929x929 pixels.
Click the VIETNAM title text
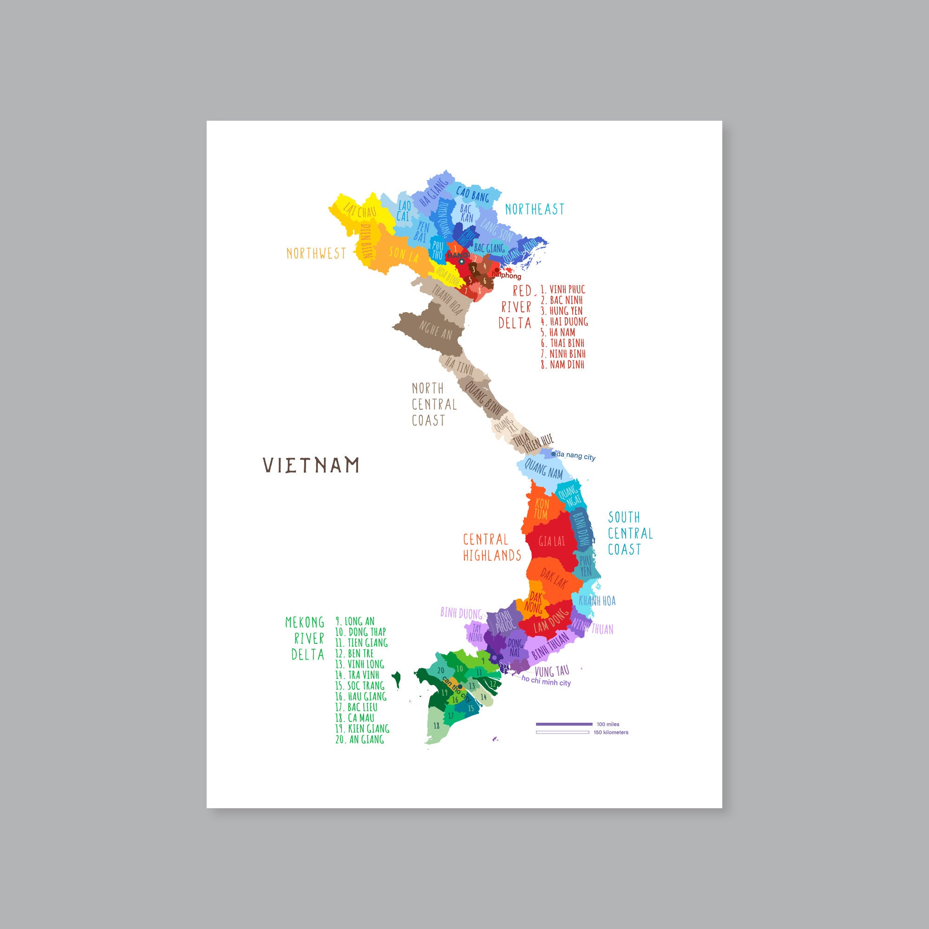(311, 465)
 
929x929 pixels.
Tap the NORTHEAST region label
(534, 209)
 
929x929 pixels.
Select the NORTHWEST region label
(316, 254)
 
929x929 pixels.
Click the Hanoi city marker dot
(462, 262)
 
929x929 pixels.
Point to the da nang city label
(576, 456)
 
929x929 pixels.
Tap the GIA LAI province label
(551, 542)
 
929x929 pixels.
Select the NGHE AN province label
(435, 330)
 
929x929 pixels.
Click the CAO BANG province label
(472, 194)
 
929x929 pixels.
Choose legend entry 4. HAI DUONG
(564, 321)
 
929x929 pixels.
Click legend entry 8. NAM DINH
(562, 364)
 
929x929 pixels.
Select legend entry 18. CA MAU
(354, 718)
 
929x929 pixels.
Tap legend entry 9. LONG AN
(355, 621)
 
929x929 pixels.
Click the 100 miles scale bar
(564, 724)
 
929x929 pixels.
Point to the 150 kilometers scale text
(611, 733)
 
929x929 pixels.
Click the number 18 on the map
(437, 726)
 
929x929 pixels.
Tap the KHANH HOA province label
(597, 601)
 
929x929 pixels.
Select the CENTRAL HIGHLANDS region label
(492, 547)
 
